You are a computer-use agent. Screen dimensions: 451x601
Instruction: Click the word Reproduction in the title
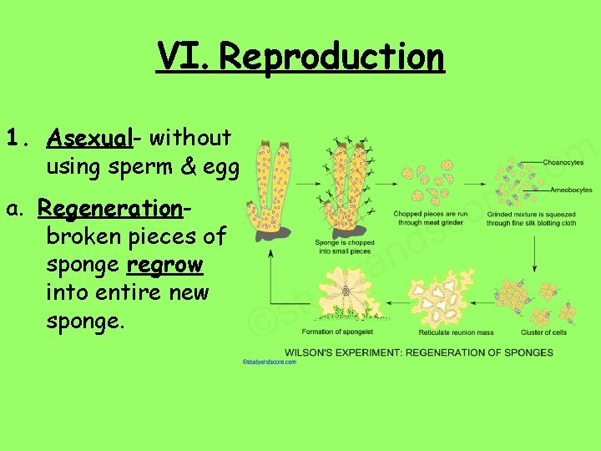tap(332, 57)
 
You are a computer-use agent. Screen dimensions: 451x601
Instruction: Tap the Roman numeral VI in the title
tap(184, 57)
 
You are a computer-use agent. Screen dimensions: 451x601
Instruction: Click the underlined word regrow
tap(164, 265)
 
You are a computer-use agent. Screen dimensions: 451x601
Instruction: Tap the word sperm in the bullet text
tap(144, 167)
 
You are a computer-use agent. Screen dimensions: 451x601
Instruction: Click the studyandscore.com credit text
tap(269, 362)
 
